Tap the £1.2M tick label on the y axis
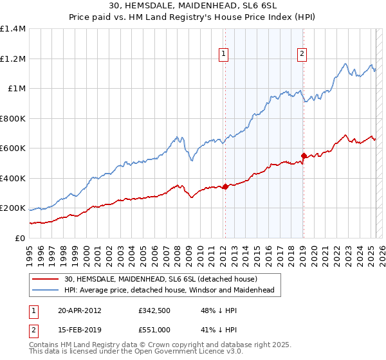(x=13, y=59)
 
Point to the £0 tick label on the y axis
(x=19, y=238)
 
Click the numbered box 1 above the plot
(x=223, y=55)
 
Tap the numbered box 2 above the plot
(x=302, y=55)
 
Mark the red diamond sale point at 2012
(x=225, y=187)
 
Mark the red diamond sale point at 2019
(x=304, y=156)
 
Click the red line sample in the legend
(x=45, y=280)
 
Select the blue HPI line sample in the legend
(x=45, y=291)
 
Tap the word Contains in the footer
(x=45, y=345)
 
